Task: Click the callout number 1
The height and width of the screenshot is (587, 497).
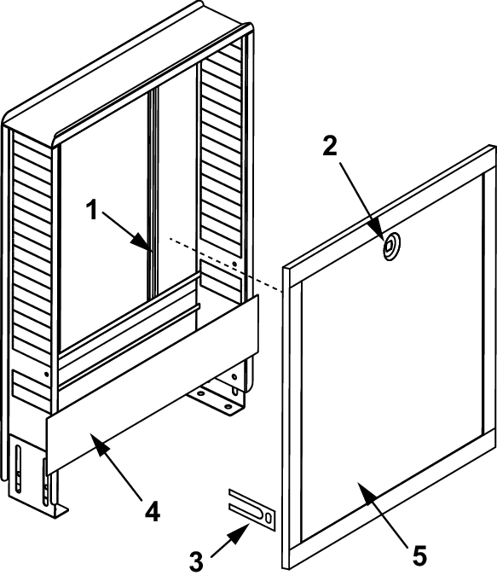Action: pos(91,210)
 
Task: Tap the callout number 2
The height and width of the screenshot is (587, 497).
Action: pos(330,146)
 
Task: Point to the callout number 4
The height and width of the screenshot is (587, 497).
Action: pos(153,511)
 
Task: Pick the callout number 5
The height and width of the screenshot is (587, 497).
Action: pos(419,555)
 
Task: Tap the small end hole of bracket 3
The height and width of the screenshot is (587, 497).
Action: pos(269,518)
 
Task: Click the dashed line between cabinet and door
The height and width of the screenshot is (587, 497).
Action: pos(225,264)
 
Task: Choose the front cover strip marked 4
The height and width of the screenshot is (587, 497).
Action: pos(152,385)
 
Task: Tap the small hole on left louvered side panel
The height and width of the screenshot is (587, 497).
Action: pos(47,374)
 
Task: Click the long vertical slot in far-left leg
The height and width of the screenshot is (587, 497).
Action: pos(19,468)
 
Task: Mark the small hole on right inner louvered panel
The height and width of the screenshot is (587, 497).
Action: pos(234,264)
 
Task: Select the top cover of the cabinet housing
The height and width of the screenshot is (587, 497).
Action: pos(126,74)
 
